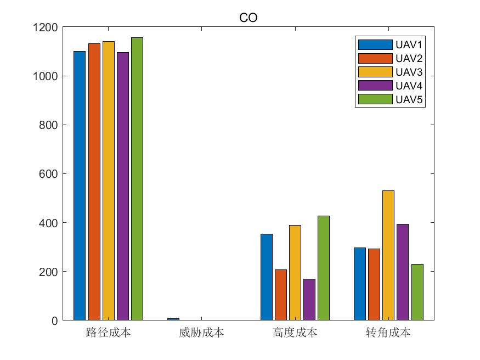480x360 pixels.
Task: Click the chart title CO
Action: pos(249,18)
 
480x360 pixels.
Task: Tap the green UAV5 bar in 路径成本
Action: pos(137,179)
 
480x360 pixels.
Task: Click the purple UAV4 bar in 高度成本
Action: pos(309,300)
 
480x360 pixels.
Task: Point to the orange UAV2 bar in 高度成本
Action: pos(281,295)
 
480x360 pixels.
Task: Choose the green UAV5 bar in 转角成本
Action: pos(417,292)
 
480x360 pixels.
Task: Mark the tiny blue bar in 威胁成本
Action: pos(173,319)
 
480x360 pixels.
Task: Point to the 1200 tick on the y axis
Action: pos(46,27)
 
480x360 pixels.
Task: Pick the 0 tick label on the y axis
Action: pos(54,320)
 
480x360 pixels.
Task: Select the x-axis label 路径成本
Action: pos(108,333)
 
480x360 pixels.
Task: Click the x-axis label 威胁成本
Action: pos(201,333)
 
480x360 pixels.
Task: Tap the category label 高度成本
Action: pos(295,333)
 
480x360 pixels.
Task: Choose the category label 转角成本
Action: pos(388,333)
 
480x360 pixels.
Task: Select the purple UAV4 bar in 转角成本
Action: pos(403,272)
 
